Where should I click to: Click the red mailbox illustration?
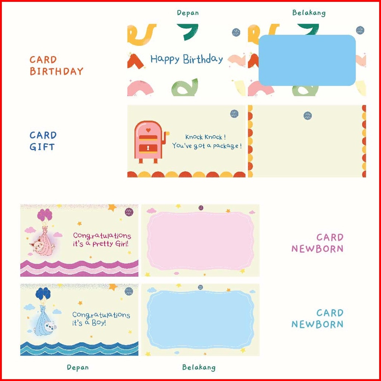coord(149,142)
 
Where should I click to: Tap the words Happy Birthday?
coord(186,59)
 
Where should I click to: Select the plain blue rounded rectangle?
coord(307,60)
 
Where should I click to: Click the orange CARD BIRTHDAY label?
coord(56,65)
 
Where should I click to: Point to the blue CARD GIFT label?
coord(43,141)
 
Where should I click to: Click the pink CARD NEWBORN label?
coord(318,243)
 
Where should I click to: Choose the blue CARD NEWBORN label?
coord(318,318)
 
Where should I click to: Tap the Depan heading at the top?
coord(188,13)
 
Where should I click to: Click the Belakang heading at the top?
coord(309,13)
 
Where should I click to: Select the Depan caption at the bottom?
coord(78,367)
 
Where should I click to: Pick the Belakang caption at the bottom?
coord(199,367)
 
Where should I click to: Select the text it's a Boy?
coord(89,323)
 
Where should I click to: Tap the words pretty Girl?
coord(110,244)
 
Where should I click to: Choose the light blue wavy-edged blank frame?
coord(200,319)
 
